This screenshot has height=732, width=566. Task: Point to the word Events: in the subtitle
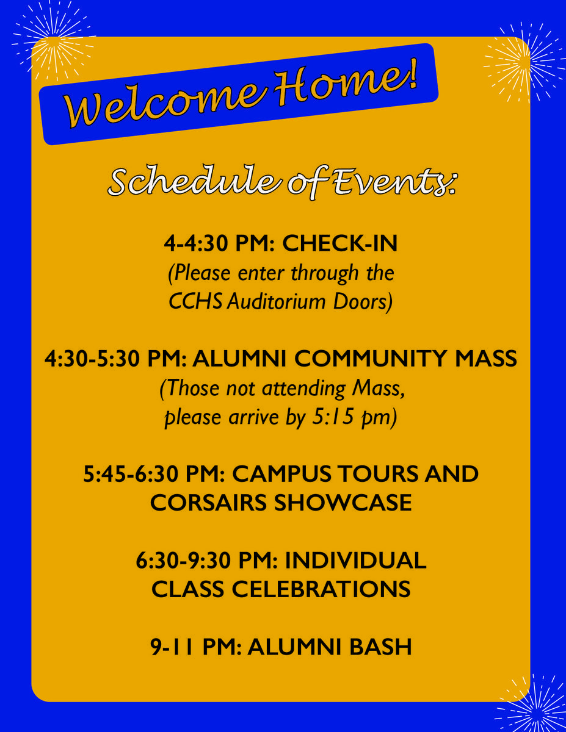pyautogui.click(x=395, y=181)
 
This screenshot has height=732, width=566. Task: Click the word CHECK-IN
pyautogui.click(x=340, y=243)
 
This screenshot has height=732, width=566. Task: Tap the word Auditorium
pyautogui.click(x=276, y=301)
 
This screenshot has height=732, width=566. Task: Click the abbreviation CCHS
pyautogui.click(x=195, y=301)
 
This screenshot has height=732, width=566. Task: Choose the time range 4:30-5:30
pyautogui.click(x=92, y=358)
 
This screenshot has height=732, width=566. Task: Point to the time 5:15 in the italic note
pyautogui.click(x=333, y=417)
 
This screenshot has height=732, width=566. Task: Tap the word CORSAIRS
pyautogui.click(x=208, y=503)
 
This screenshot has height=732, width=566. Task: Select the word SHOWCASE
pyautogui.click(x=343, y=503)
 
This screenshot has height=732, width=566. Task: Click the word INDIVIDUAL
pyautogui.click(x=355, y=561)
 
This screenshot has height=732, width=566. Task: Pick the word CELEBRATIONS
pyautogui.click(x=321, y=589)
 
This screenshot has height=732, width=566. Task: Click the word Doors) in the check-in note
pyautogui.click(x=363, y=302)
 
